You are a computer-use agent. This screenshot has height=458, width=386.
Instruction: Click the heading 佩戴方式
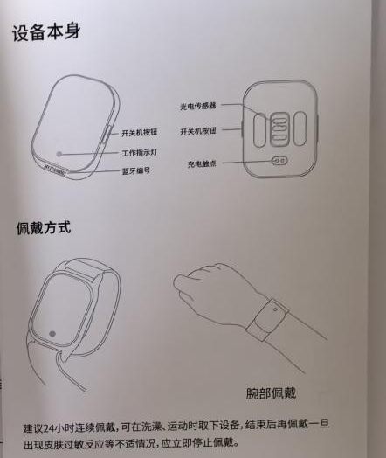[43, 229]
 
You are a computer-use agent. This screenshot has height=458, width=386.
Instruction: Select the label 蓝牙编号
[134, 171]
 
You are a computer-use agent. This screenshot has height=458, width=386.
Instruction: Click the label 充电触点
[200, 163]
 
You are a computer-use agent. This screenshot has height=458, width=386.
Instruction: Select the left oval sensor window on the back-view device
[260, 127]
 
